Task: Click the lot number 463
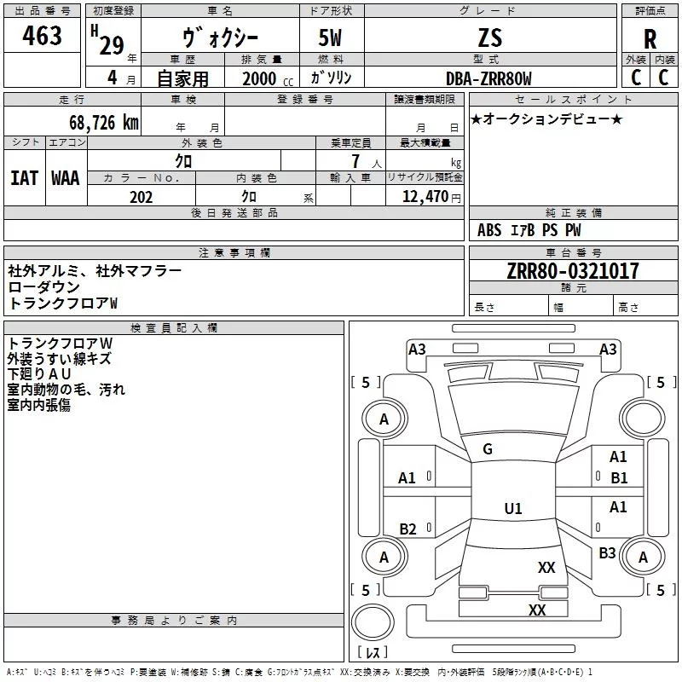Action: [43, 35]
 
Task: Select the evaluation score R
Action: [650, 39]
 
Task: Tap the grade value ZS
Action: [490, 38]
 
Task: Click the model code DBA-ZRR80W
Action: [488, 78]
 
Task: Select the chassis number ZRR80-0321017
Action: [561, 271]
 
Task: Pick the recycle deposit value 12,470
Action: [424, 197]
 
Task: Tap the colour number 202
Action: [141, 197]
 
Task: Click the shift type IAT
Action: [25, 178]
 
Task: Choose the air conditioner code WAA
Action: [66, 178]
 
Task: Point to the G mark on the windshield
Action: [488, 449]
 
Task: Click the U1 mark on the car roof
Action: [513, 508]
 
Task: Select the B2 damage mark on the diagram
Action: [407, 529]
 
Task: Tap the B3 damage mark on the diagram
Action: [607, 553]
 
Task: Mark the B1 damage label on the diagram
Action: [619, 478]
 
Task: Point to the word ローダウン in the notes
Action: [44, 287]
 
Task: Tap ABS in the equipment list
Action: [489, 230]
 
